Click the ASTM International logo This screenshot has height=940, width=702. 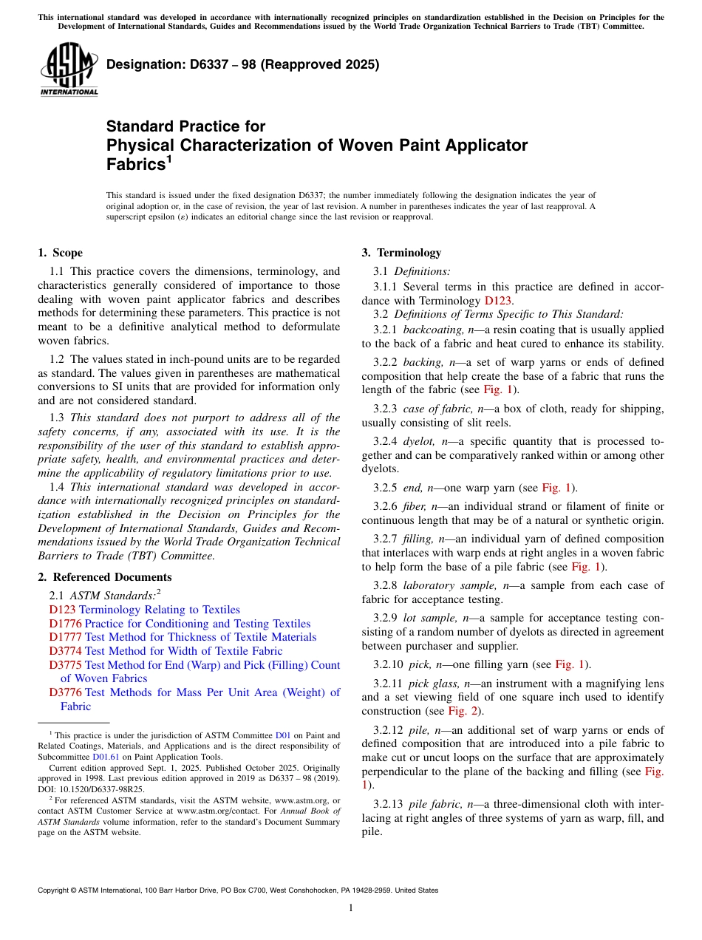pos(69,69)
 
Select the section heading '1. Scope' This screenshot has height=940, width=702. pos(61,253)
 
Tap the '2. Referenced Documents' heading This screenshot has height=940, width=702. pos(105,577)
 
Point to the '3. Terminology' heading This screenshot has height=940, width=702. pos(401,253)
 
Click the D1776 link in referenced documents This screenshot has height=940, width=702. pos(63,624)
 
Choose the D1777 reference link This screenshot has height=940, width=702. pos(63,637)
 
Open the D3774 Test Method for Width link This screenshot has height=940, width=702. pos(166,651)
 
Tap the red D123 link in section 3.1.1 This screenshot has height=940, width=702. pos(497,301)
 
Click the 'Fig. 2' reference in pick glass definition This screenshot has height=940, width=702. pos(462,711)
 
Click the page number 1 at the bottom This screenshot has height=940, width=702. pos(351,908)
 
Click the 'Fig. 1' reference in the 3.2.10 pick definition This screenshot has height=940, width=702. pos(570,664)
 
